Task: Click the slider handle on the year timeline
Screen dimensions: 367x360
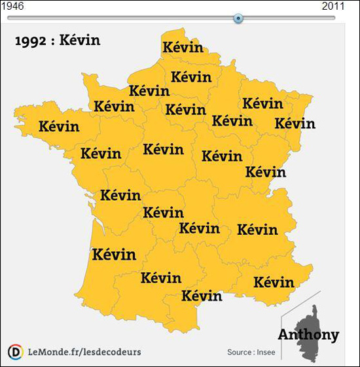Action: click(x=238, y=18)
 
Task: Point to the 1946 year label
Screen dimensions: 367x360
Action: click(x=12, y=6)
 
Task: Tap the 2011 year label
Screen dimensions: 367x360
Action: click(x=334, y=6)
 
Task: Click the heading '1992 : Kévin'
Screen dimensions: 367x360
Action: click(x=57, y=41)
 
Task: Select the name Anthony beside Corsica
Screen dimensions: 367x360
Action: click(x=308, y=335)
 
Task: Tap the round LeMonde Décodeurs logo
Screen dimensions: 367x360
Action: click(x=15, y=352)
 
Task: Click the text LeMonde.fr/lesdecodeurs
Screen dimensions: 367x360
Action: click(x=84, y=352)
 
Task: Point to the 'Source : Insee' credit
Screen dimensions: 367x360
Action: click(x=251, y=353)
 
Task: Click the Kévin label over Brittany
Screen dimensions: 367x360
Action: click(x=59, y=126)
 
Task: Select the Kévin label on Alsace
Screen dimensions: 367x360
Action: click(x=295, y=123)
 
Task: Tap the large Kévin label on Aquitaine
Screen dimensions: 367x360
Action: click(x=115, y=254)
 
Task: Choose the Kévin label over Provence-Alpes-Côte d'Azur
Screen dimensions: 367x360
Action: click(x=274, y=283)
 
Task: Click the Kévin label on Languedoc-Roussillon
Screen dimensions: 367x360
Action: click(x=202, y=295)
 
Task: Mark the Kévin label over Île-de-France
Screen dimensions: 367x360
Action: click(x=185, y=109)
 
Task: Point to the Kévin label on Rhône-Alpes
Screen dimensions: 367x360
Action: click(x=257, y=230)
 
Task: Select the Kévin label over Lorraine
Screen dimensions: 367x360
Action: click(x=262, y=103)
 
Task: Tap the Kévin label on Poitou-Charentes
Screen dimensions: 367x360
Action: click(x=120, y=195)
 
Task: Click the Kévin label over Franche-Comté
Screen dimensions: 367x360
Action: click(x=265, y=172)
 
